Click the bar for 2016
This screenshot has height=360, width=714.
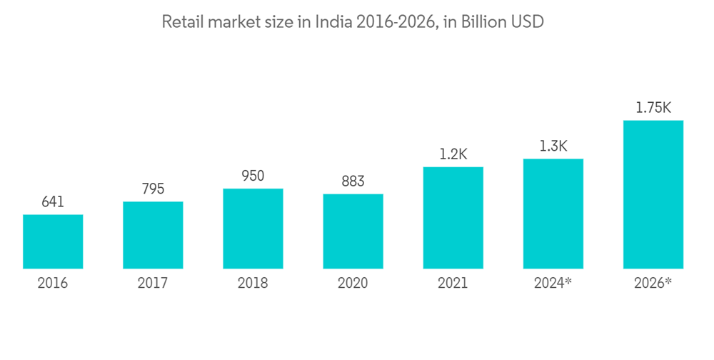pos(53,242)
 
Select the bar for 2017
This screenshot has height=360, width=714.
pos(153,236)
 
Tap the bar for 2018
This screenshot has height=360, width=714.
pos(253,229)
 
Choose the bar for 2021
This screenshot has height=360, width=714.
pos(453,219)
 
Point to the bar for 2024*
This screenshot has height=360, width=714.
pos(553,214)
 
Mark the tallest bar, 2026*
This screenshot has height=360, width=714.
pos(653,195)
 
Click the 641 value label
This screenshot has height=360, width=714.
pos(53,202)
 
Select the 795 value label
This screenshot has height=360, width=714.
pos(153,189)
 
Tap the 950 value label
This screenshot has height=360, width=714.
pos(253,176)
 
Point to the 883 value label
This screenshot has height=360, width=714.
pos(353,181)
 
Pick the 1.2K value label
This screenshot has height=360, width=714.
pos(453,154)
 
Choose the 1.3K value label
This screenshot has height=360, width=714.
pos(553,146)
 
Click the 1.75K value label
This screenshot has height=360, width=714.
pos(653,108)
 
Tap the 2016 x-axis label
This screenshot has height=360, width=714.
pos(53,284)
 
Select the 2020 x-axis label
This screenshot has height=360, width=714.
pos(353,284)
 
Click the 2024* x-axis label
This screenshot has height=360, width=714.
pos(553,284)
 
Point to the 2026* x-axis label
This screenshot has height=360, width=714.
pos(653,284)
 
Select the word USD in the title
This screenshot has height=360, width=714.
pos(528,22)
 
